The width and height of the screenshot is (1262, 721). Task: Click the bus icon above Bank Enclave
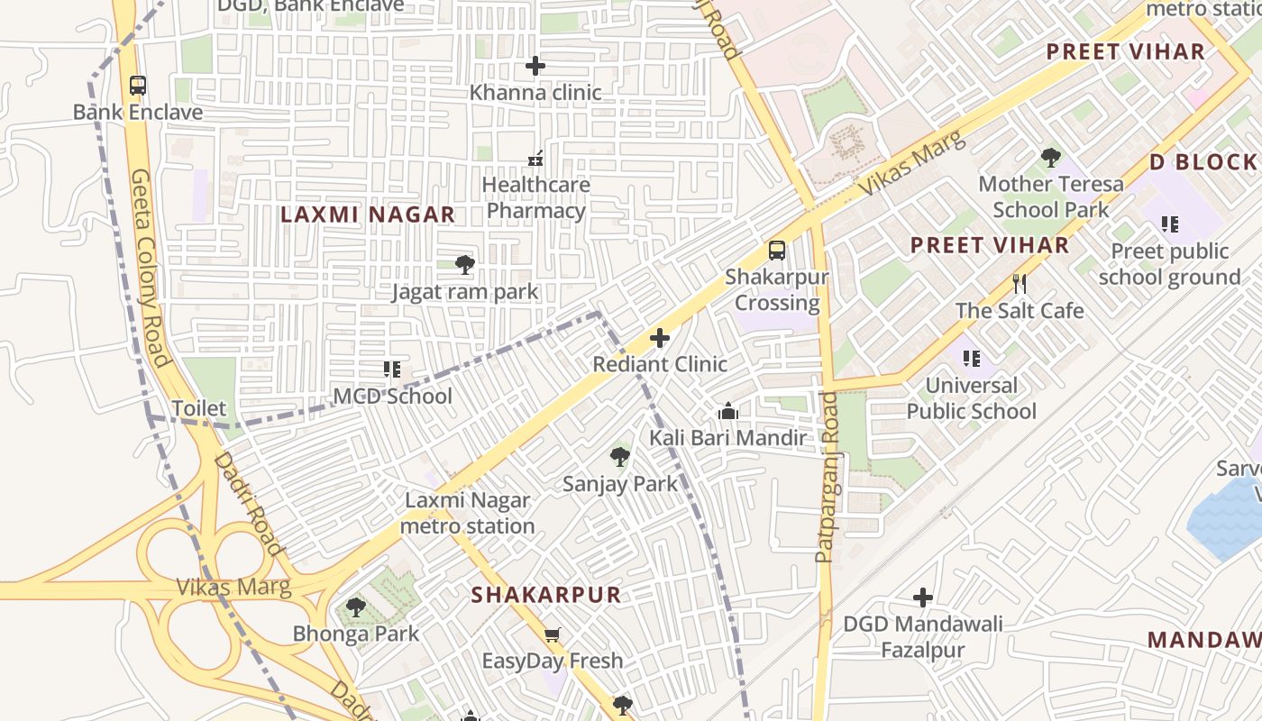[x=137, y=86]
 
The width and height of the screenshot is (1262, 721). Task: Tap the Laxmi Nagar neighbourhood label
[x=367, y=214]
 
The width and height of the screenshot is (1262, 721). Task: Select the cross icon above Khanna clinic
[x=535, y=66]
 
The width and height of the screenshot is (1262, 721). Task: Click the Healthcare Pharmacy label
[x=535, y=197]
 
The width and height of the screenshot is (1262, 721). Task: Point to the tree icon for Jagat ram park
[x=465, y=265]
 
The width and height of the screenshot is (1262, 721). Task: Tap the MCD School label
[x=392, y=397]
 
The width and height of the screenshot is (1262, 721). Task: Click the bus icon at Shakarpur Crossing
[x=776, y=251]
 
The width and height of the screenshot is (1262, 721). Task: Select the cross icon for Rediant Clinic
[x=660, y=339]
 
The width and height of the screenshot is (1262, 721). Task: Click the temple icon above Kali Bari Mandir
[x=728, y=412]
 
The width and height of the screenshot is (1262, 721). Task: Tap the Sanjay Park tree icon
[x=620, y=457]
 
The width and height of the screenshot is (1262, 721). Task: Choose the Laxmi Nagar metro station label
[x=467, y=513]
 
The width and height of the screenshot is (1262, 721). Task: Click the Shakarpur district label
[x=546, y=595]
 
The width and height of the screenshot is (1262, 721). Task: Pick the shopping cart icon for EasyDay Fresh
[x=553, y=634]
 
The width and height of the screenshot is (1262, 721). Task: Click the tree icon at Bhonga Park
[x=356, y=607]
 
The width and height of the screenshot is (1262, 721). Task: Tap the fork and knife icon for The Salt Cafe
[x=1020, y=284]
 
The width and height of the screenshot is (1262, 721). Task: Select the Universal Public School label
[x=971, y=398]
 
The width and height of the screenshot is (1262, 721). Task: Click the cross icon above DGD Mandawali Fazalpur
[x=922, y=598]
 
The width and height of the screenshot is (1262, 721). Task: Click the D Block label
[x=1203, y=162]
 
